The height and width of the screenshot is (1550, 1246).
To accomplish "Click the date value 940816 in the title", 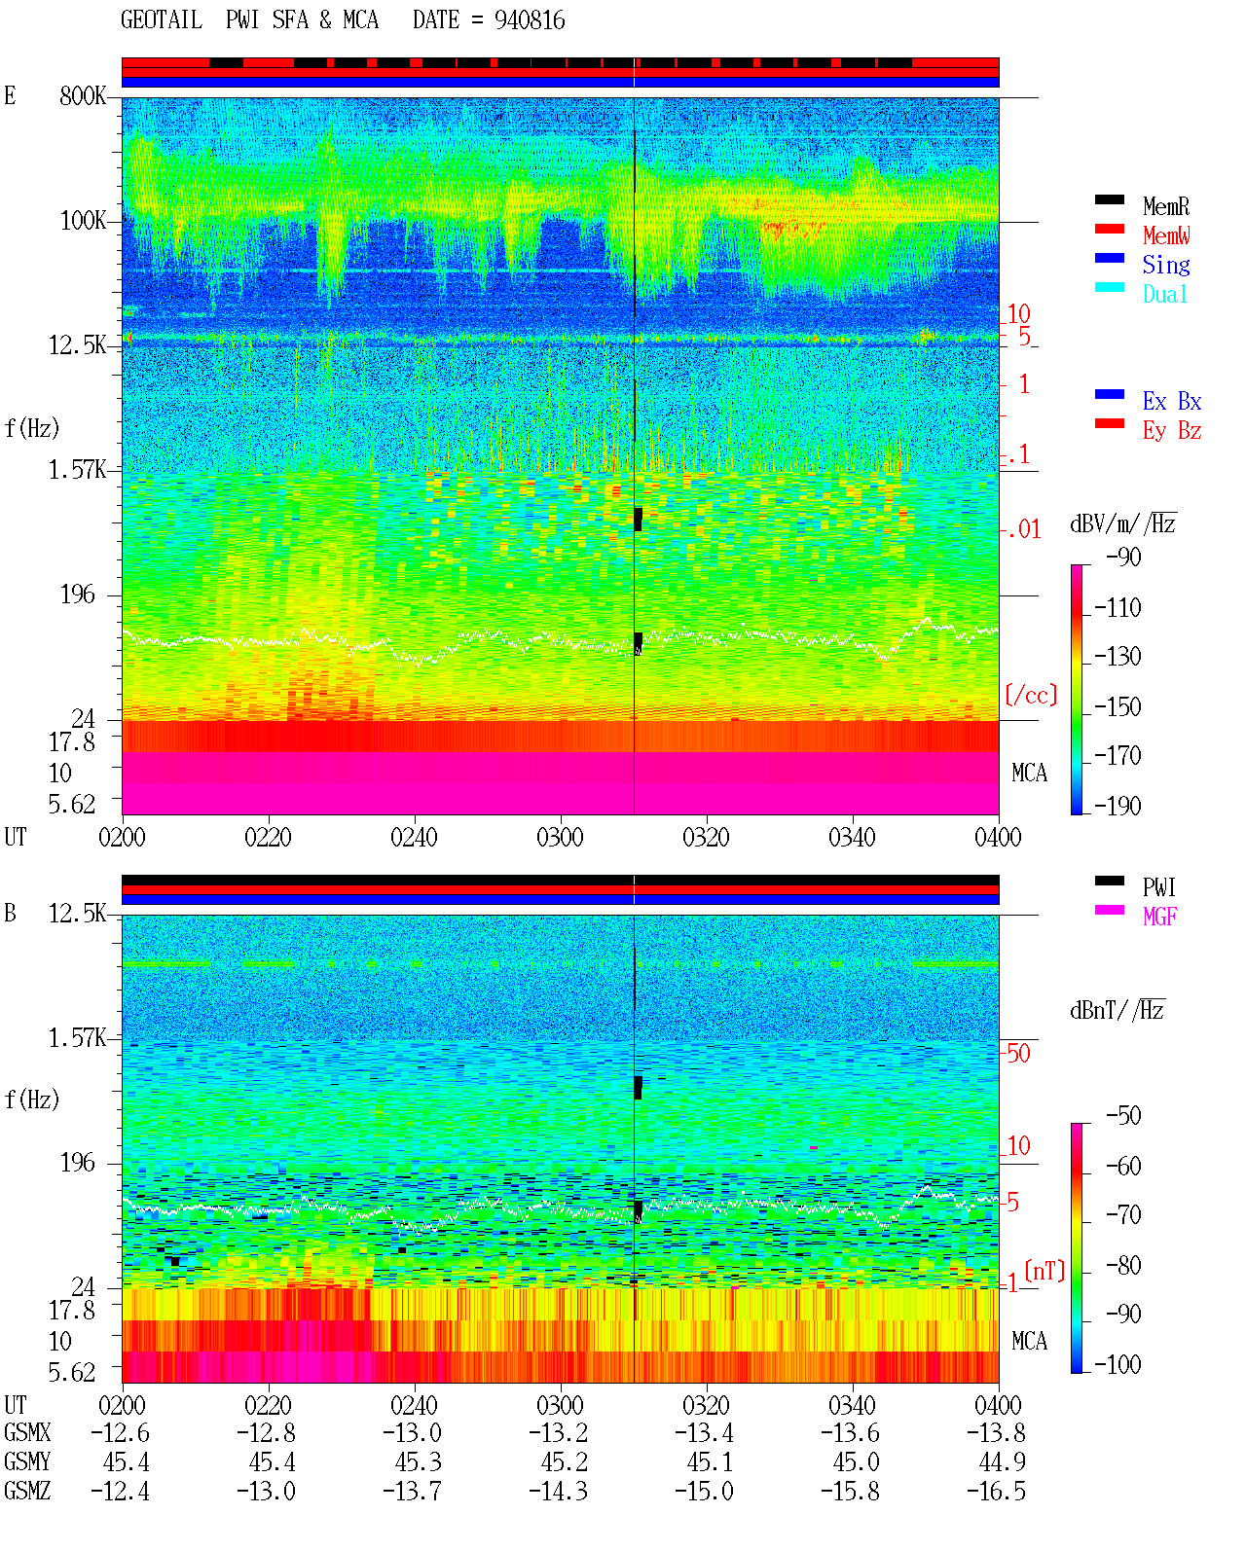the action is [530, 20].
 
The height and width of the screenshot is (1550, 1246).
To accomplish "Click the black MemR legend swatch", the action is [1109, 199].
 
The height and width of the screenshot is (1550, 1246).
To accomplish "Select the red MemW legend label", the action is [1166, 235].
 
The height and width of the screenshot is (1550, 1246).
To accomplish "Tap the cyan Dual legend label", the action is [1164, 294].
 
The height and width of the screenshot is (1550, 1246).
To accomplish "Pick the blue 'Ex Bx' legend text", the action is [1172, 401].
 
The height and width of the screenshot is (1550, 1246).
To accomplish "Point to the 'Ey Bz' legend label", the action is [1172, 430].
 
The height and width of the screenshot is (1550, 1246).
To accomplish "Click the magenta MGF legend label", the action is [1159, 917].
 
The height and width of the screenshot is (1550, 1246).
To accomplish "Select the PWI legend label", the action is [1158, 886].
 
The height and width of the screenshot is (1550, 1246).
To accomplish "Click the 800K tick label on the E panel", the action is [83, 95].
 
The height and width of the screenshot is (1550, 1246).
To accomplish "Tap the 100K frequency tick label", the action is [83, 221].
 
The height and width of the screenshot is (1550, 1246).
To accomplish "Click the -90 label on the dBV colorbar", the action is [1123, 557].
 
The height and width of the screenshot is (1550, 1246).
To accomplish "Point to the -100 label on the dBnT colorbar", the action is [1118, 1364].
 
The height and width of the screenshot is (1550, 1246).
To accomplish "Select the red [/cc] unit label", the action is [1031, 695].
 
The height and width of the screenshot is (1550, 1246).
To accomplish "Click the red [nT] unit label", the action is [1044, 1271].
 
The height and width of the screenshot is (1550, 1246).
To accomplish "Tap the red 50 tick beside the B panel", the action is [1018, 1053].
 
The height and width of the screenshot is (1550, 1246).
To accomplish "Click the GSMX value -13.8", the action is [995, 1432].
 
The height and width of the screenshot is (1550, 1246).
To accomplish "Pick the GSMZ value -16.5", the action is [995, 1491].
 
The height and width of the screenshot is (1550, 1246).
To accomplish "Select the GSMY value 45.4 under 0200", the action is [127, 1461].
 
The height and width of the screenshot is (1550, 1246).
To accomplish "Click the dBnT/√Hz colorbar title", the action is [1118, 1010].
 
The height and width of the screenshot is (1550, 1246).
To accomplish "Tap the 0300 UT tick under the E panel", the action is [560, 837].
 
